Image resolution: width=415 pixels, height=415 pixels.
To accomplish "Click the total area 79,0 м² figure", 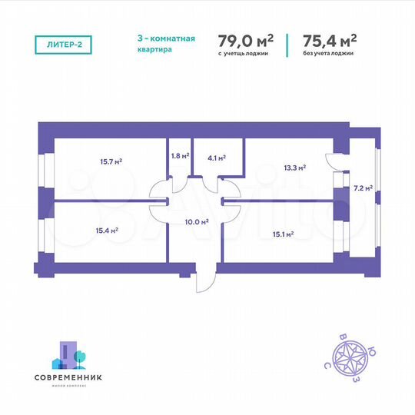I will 247,39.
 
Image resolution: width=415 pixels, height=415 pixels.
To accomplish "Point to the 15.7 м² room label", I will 111,161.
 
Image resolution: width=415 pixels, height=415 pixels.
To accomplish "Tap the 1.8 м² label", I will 179,155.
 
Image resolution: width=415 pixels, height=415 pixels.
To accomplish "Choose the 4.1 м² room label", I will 217,158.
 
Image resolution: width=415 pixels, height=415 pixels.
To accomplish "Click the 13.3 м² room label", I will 295,166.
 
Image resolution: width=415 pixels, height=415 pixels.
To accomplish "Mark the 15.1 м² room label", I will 284,234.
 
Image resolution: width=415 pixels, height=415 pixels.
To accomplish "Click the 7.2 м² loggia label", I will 363,188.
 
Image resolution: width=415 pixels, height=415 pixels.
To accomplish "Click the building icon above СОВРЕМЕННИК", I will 70,355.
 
